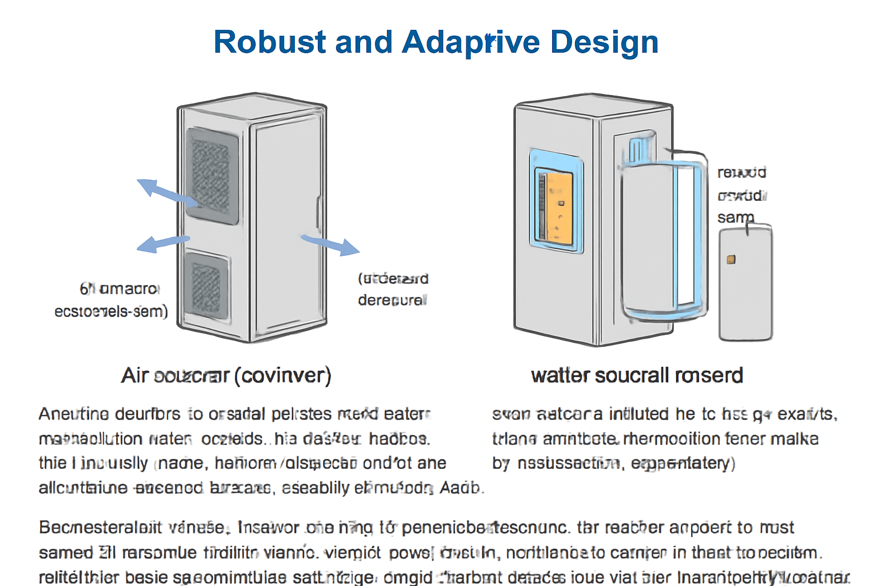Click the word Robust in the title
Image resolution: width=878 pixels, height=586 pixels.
pos(269,42)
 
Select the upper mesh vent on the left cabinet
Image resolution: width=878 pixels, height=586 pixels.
pos(211,175)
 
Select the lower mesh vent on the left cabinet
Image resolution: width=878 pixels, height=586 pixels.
pos(206,284)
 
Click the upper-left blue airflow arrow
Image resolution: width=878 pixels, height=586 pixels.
pos(166,192)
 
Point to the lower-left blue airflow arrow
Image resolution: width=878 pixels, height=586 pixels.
pos(162,243)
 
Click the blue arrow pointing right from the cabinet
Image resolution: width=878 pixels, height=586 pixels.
pos(331,244)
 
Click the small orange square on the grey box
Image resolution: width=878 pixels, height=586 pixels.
pos(731,260)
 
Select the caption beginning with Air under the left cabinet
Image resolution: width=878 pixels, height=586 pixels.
pos(226,375)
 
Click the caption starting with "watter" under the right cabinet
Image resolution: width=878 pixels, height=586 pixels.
pos(637,375)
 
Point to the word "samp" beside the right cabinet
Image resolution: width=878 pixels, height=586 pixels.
pos(736,217)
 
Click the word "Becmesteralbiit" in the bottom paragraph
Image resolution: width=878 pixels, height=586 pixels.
pos(100,527)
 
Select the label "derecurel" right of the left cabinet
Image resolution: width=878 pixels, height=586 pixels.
pos(392,300)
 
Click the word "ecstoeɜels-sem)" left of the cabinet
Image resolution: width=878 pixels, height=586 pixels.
pos(111,311)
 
